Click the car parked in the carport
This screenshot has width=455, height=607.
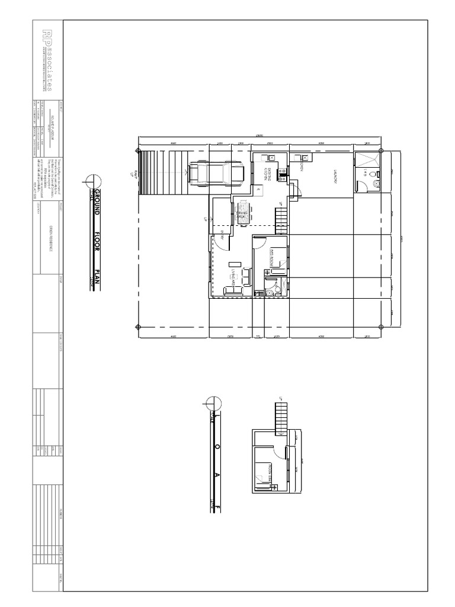pos(216,172)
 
